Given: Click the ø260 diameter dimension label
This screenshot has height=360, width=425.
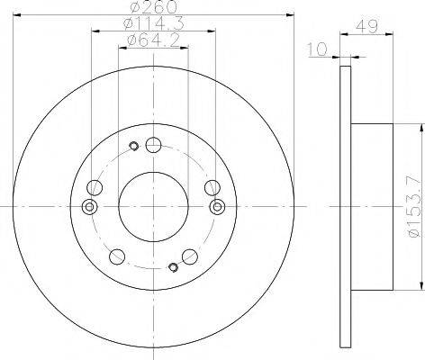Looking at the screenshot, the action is (153, 7).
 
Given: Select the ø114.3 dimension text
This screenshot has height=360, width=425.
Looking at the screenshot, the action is (153, 23).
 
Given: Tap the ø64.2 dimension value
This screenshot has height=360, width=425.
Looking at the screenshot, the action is (153, 40).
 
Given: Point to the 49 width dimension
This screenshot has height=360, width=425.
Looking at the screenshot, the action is (366, 26).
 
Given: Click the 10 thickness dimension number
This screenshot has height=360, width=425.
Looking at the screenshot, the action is (317, 49).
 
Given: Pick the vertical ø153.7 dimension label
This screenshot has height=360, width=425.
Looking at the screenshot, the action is (413, 207).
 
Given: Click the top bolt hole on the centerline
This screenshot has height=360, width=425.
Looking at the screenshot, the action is (153, 145).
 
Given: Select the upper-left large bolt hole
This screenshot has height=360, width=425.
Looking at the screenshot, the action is (95, 188).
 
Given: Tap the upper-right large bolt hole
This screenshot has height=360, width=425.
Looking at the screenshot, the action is (212, 188).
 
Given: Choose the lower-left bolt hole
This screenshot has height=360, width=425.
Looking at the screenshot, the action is (117, 256).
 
